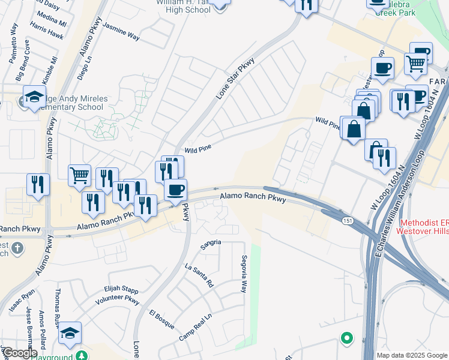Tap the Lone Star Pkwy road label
[x=235, y=78]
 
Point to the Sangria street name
[x=211, y=242]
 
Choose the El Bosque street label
[x=161, y=320]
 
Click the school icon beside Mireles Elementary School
[x=35, y=96]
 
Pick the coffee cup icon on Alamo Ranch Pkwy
[x=175, y=190]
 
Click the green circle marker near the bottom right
[x=346, y=338]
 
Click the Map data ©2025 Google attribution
[x=412, y=355]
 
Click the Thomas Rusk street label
[x=58, y=305]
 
